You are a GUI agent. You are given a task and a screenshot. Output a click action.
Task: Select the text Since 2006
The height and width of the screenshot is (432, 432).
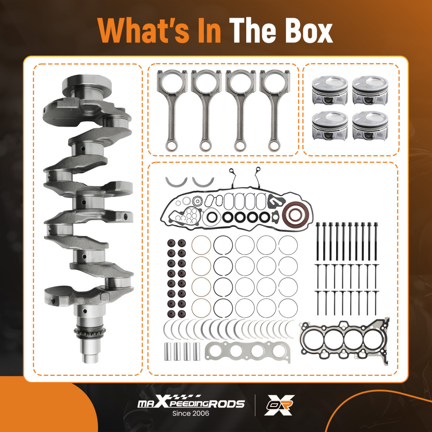click(191, 414)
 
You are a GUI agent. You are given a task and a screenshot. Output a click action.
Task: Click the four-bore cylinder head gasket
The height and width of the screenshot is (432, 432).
click(345, 340)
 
